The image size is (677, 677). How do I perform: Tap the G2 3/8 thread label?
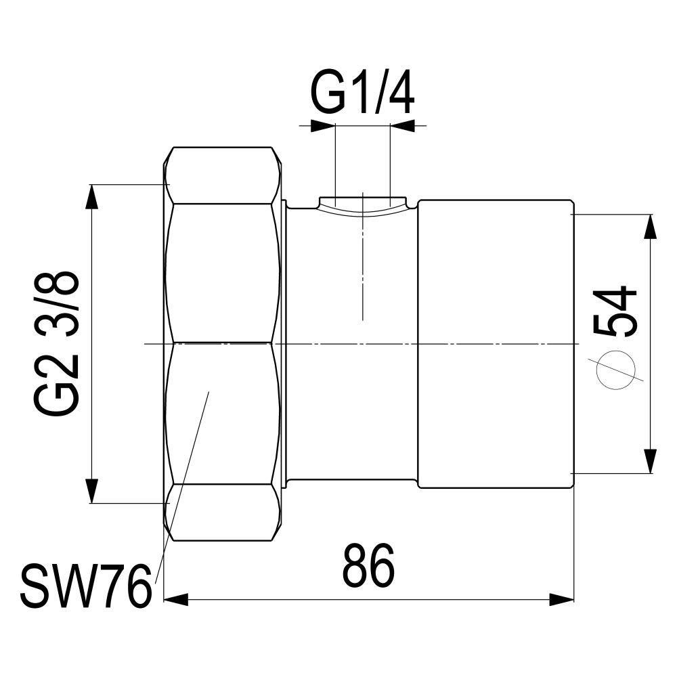pos(56,344)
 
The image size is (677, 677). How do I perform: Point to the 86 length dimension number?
pos(369,565)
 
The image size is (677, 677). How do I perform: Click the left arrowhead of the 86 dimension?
pos(176,600)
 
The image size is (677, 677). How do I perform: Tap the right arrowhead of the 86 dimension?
pos(562,600)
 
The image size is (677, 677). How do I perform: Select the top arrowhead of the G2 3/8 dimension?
pos(92,197)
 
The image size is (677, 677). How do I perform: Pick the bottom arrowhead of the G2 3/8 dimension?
pos(92,491)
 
